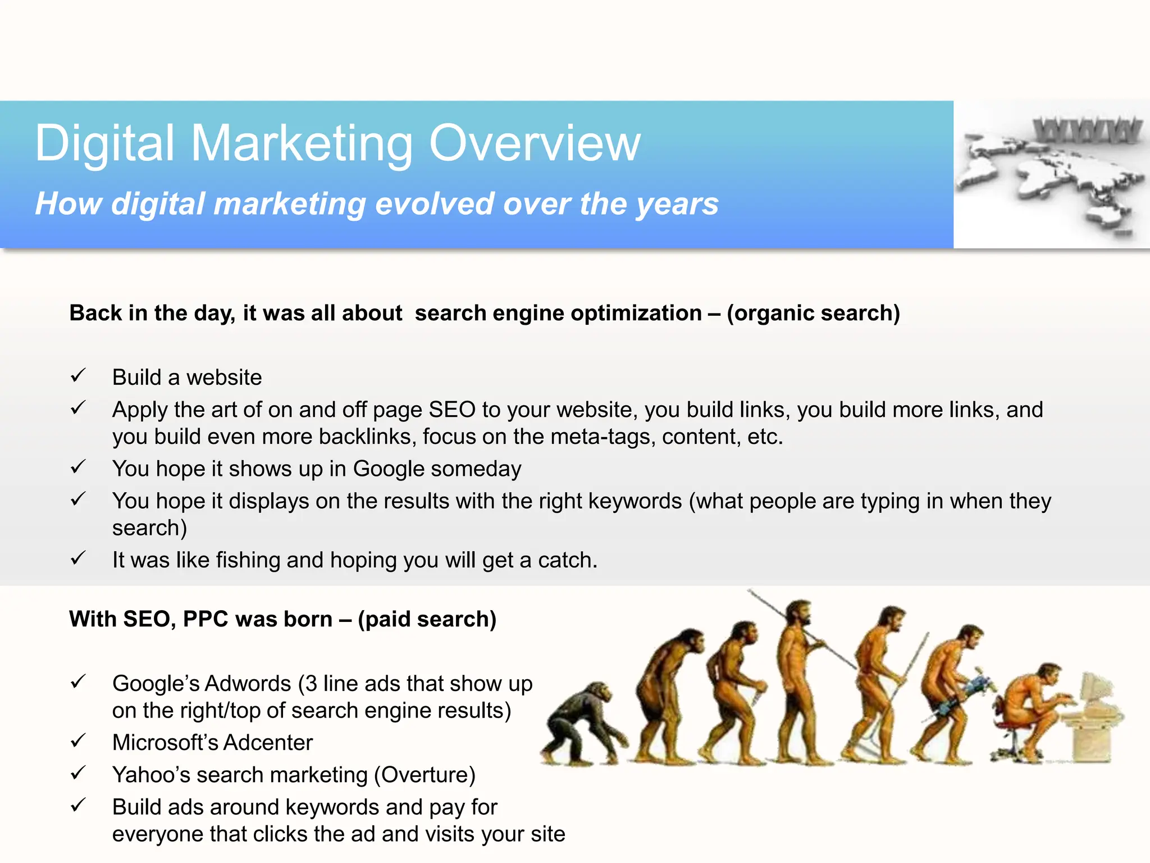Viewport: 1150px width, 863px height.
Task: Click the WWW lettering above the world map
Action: (x=1088, y=130)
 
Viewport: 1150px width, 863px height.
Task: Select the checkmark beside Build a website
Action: (x=78, y=375)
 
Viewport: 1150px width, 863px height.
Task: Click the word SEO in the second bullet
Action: (x=452, y=410)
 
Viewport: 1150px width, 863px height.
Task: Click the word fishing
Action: (x=248, y=560)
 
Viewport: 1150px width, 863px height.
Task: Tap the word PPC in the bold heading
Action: (x=206, y=619)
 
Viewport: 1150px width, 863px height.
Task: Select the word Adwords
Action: (x=248, y=684)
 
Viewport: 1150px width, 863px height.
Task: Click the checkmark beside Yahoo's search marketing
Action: (x=78, y=773)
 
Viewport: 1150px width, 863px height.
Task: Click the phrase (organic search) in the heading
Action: (x=813, y=313)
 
